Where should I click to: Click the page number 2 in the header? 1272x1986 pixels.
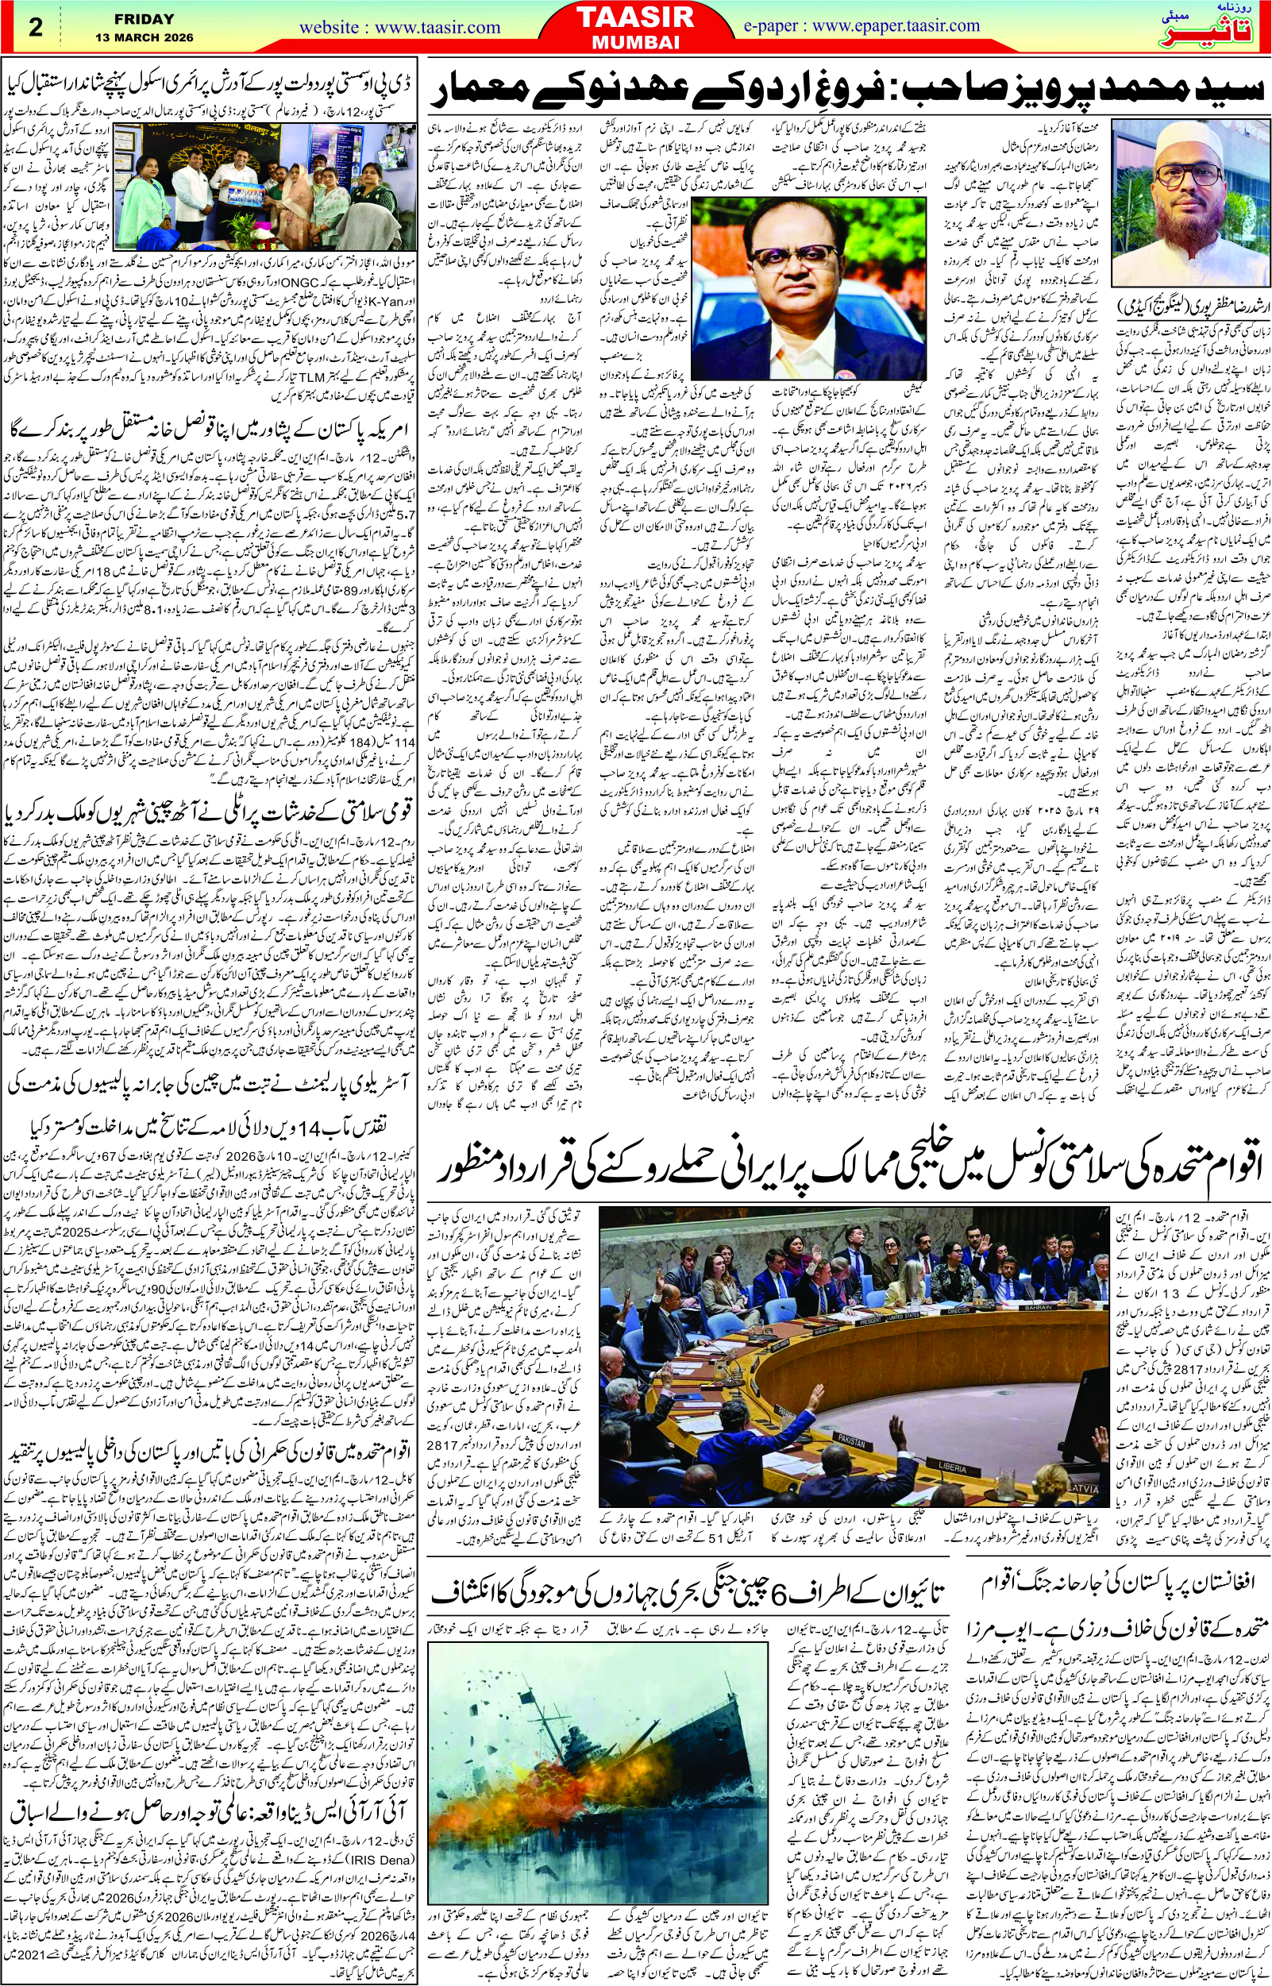(x=35, y=26)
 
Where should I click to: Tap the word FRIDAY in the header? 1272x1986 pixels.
(x=145, y=17)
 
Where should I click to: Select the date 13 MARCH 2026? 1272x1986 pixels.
(x=145, y=37)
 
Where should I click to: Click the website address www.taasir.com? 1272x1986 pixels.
(x=399, y=27)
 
